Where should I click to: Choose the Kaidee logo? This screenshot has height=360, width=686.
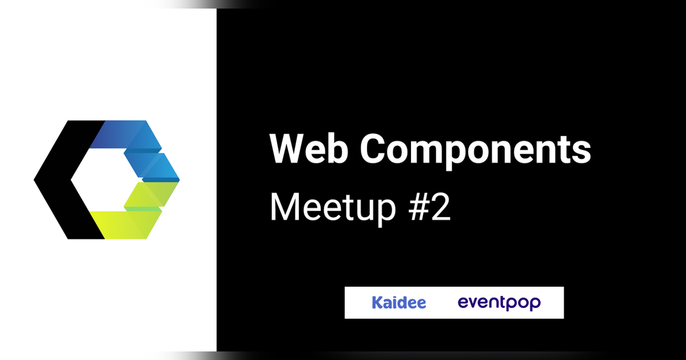(x=398, y=302)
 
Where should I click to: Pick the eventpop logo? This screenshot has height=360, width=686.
(x=499, y=303)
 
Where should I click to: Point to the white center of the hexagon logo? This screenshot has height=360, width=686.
(x=97, y=180)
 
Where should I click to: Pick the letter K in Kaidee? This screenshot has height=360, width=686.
(x=377, y=302)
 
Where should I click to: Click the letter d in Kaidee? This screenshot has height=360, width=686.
(x=402, y=302)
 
